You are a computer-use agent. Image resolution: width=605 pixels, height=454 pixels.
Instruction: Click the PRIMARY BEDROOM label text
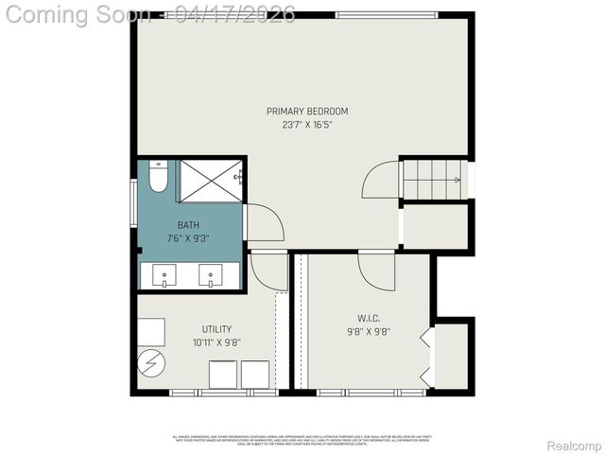[x=307, y=112]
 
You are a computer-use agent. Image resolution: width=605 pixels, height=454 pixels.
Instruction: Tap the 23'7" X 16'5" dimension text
[x=307, y=124]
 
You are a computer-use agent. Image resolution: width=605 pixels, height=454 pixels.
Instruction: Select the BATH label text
[x=188, y=225]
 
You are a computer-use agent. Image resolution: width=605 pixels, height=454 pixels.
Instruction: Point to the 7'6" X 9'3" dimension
[x=188, y=237]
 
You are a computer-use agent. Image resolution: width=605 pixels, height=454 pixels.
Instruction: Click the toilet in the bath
[x=158, y=178]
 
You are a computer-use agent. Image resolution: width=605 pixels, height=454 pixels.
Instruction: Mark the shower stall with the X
[x=211, y=181]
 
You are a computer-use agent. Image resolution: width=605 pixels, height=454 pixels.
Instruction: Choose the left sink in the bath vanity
[x=164, y=275]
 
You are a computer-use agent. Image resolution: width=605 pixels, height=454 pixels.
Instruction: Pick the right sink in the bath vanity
[x=211, y=275]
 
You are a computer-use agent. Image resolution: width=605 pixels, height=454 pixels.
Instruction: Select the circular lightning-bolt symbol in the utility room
[x=151, y=363]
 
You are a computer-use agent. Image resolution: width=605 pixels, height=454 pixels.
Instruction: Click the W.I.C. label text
[x=368, y=318]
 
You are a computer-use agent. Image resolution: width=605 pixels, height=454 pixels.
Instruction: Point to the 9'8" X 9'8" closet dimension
[x=368, y=331]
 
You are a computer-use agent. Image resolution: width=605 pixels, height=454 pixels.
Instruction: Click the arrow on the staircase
[x=456, y=179]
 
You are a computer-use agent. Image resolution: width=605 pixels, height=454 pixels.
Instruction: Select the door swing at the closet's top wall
[x=376, y=270]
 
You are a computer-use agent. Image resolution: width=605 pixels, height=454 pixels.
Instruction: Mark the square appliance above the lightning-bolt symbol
[x=151, y=331]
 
